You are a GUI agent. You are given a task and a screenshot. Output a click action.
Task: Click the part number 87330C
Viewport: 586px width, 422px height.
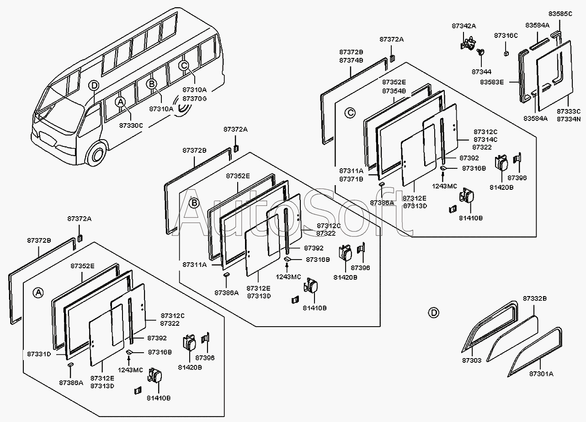point(131,125)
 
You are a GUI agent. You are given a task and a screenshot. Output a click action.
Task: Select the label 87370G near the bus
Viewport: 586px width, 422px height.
point(195,99)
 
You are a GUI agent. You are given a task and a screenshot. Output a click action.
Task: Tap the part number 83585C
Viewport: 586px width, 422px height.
point(560,14)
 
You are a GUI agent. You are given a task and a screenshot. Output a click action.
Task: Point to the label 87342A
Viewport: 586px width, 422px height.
point(464,26)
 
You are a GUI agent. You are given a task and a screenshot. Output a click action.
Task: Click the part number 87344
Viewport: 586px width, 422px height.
point(482,72)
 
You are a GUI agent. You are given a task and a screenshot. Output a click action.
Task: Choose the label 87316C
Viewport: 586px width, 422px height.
point(506,35)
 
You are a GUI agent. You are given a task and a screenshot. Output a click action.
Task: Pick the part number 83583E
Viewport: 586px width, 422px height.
point(492,82)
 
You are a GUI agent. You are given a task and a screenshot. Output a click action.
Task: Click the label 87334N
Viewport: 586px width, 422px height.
point(569,119)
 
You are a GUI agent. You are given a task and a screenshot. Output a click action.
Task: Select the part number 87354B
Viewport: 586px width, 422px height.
point(394,91)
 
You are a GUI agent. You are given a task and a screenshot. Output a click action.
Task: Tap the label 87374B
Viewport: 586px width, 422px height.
point(352,60)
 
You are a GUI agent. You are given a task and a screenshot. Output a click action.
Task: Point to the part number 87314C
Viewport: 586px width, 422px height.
point(485,140)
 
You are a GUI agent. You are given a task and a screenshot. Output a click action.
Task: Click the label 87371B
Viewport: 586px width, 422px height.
point(352,179)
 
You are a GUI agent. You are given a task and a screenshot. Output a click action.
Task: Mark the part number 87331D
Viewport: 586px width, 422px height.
point(39,354)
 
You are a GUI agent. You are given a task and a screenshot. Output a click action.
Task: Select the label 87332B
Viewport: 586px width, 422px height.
point(535,298)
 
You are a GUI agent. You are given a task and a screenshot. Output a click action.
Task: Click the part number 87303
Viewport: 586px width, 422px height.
point(472,360)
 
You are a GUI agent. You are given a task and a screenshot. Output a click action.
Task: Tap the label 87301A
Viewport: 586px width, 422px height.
point(542,374)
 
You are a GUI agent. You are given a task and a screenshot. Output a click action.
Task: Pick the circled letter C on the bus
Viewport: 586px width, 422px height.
point(184,65)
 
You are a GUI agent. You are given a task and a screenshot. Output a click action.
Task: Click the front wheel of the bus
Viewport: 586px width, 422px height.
point(97,154)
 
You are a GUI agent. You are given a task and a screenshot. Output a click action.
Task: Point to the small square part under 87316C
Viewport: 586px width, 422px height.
point(506,53)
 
